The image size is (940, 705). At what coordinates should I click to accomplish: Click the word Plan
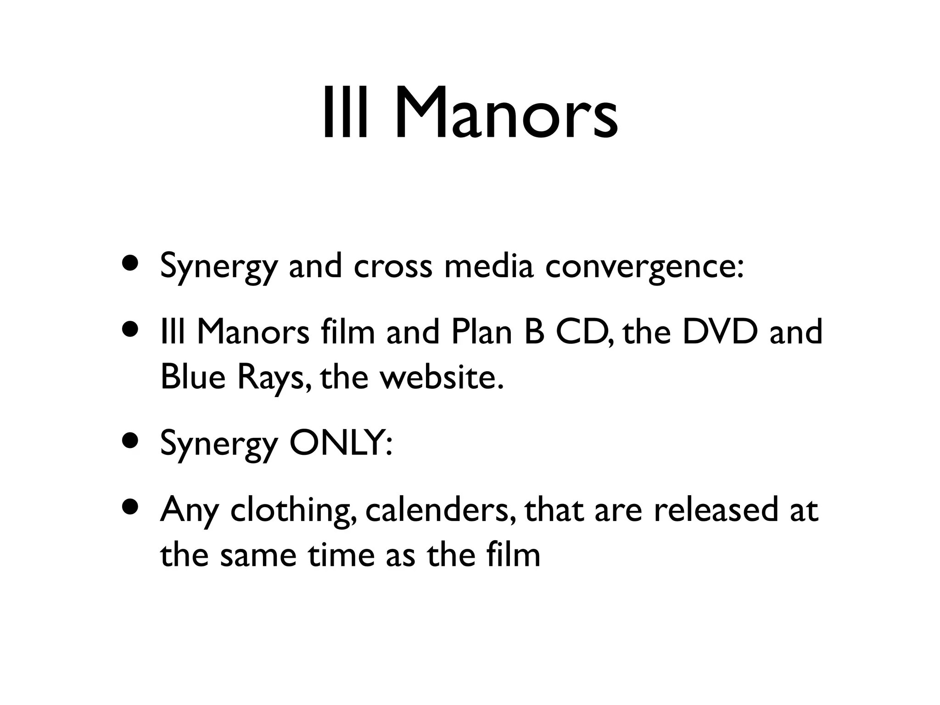481,332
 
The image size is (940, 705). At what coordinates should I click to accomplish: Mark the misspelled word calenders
440,510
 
